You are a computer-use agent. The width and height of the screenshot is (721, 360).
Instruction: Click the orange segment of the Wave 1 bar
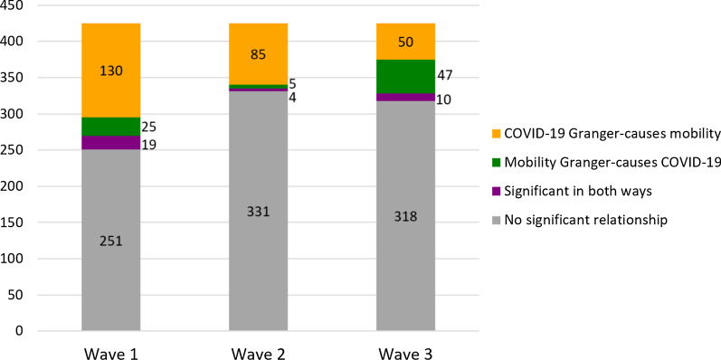click(110, 71)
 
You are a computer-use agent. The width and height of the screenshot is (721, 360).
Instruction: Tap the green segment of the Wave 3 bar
click(405, 76)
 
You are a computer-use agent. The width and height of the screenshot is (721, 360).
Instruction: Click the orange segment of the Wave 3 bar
click(405, 42)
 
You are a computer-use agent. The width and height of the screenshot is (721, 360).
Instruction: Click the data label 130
click(110, 71)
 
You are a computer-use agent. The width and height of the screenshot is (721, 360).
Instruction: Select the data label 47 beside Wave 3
click(446, 76)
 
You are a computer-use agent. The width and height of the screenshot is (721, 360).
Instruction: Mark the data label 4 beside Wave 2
click(292, 98)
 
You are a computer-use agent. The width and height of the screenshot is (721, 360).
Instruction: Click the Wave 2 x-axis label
click(258, 353)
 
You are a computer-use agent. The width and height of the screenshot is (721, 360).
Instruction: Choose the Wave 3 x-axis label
click(405, 353)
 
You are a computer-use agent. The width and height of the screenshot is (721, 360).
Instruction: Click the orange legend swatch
click(495, 134)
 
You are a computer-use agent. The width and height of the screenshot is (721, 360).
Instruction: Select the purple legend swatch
click(495, 191)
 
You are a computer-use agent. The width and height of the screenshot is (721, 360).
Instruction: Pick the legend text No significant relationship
click(586, 220)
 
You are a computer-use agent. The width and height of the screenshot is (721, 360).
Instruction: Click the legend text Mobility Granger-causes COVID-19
click(612, 163)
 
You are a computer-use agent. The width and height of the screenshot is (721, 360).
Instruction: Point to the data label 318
click(405, 217)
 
